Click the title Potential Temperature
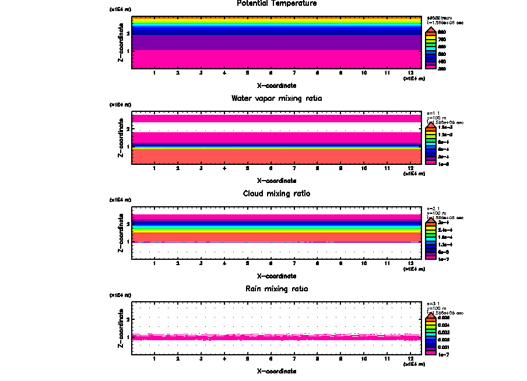(277, 3)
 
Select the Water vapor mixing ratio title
(277, 98)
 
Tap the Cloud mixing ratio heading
(277, 193)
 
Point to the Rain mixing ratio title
(277, 289)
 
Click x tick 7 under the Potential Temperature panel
(294, 73)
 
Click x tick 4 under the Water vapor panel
(224, 168)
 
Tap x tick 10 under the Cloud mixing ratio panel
(364, 264)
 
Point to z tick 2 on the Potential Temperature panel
(128, 34)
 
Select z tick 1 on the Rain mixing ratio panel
(128, 337)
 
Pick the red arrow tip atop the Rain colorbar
(430, 314)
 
